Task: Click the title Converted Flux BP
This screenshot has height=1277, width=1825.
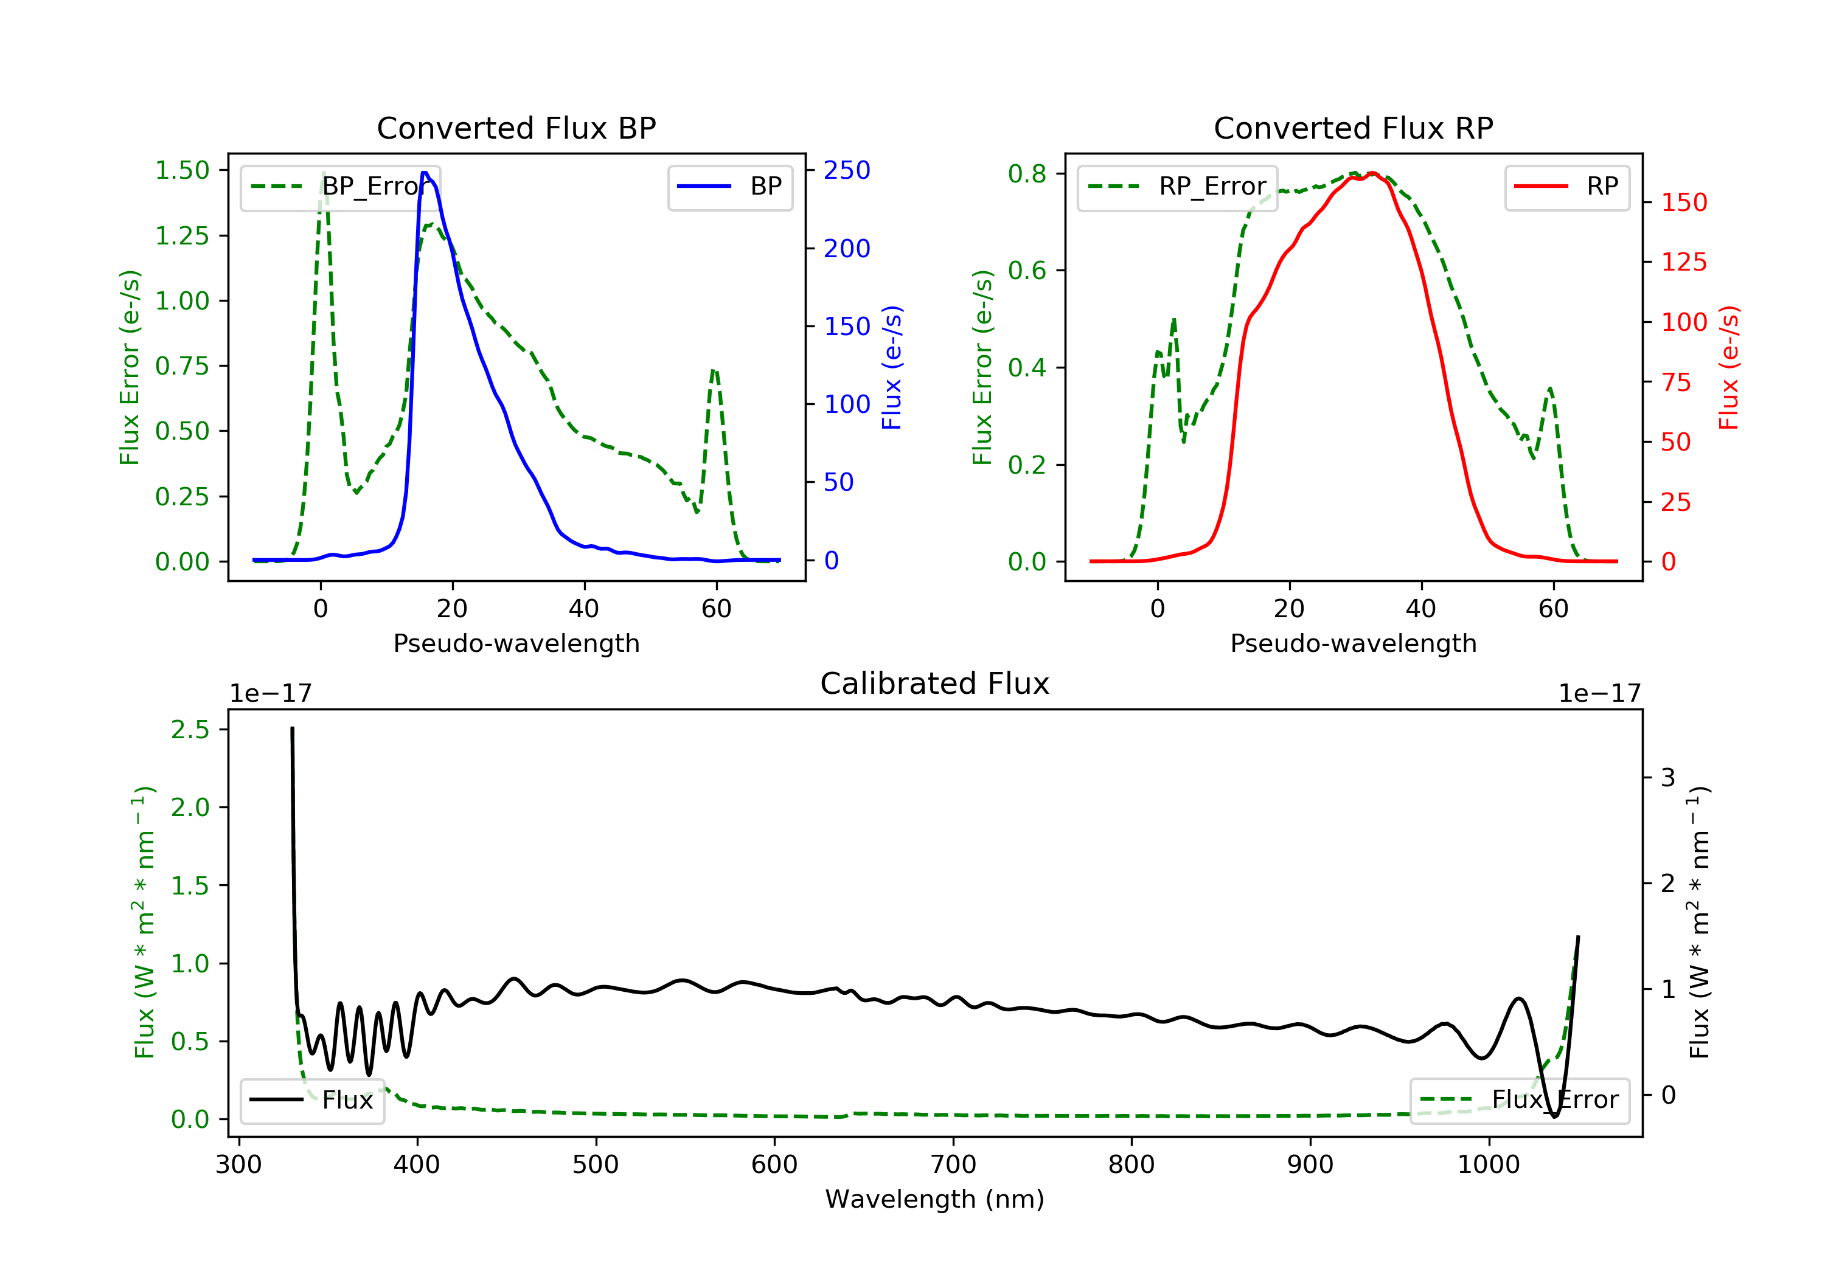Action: click(x=516, y=128)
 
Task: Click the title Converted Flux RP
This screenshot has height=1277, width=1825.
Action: click(x=1353, y=128)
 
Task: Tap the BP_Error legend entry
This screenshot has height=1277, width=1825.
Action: click(x=340, y=187)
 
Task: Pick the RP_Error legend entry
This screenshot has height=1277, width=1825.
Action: click(x=1177, y=187)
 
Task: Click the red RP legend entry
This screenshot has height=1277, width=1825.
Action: click(x=1566, y=187)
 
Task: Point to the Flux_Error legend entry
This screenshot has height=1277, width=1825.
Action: click(x=1519, y=1100)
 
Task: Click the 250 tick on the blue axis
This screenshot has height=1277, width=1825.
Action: click(x=847, y=170)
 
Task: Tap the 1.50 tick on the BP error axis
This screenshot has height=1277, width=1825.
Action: click(x=182, y=170)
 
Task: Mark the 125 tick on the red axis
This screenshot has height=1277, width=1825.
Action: click(x=1683, y=262)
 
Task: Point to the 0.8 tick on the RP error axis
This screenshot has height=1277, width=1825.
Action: click(x=1026, y=173)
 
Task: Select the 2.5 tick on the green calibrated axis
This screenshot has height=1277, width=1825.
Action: click(x=190, y=730)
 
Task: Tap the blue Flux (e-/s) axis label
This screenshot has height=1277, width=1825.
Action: click(x=892, y=367)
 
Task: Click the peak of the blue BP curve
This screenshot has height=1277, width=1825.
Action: click(x=425, y=173)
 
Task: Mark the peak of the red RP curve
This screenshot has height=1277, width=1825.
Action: click(x=1373, y=173)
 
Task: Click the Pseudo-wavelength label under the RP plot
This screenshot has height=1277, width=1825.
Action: click(x=1353, y=643)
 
